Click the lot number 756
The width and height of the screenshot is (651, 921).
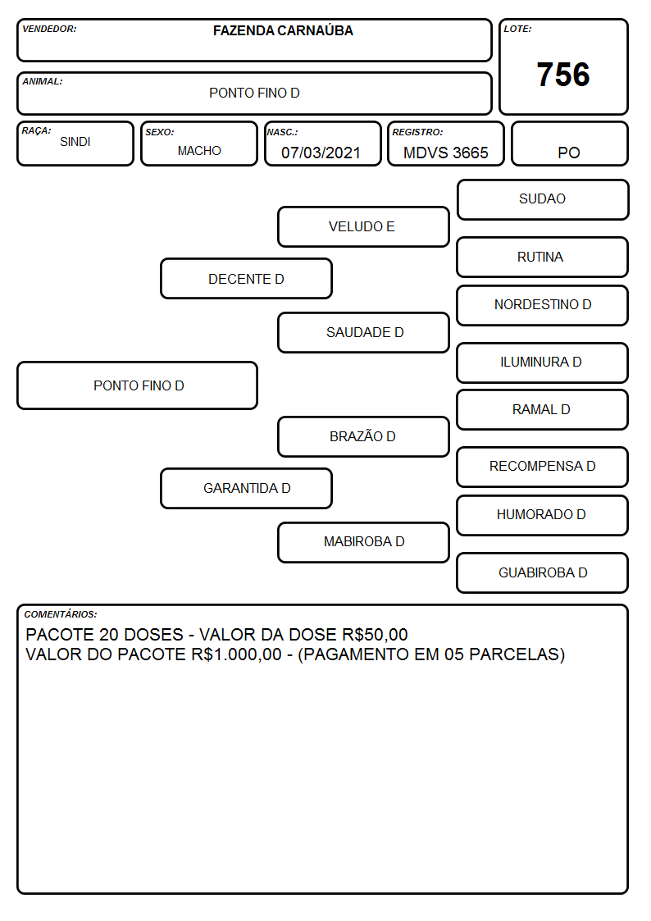point(563,75)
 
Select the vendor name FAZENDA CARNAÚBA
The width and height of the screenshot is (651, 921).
point(283,30)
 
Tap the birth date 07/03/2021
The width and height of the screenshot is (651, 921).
point(321,153)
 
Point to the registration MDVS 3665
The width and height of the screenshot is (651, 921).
point(445,153)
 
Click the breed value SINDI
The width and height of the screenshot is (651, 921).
point(75,142)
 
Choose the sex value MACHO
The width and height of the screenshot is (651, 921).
point(199,151)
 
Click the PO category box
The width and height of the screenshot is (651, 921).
point(569,144)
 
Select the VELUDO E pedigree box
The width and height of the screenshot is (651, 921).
point(363,226)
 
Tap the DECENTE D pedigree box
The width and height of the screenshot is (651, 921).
point(247,279)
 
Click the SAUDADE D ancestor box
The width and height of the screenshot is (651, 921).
point(363,332)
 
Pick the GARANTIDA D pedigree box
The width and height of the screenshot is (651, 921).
point(247,488)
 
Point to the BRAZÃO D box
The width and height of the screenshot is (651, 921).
point(363,436)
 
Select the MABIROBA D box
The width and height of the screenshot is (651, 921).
point(363,542)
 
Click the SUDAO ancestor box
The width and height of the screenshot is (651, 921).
point(543,200)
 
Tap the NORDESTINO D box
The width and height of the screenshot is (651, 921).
point(543,305)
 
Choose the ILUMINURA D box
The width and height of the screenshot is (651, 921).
point(543,363)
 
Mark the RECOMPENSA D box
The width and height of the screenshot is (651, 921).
point(543,467)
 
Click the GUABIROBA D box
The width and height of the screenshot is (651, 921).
point(543,572)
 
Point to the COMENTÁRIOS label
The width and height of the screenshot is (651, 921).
point(61,614)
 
